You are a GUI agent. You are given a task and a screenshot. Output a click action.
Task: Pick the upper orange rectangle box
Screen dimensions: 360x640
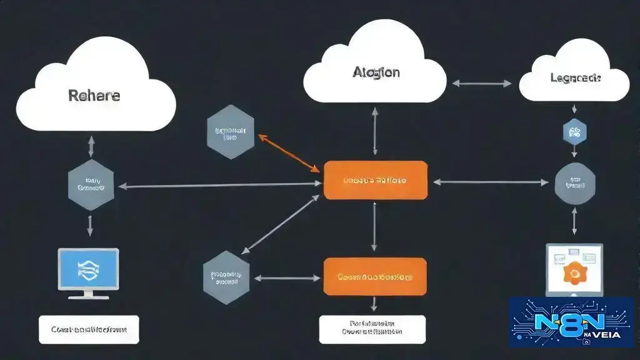point(375,180)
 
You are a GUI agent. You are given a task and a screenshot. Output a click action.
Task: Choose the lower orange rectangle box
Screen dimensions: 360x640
point(375,276)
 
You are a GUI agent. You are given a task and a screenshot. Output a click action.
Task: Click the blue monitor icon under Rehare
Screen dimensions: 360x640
point(88,269)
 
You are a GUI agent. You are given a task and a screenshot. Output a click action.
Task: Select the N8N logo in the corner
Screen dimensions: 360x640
point(571,322)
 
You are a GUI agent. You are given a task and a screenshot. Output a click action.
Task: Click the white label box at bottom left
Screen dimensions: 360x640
point(88,329)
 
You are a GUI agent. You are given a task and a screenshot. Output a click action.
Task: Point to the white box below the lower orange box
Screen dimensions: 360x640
point(372,329)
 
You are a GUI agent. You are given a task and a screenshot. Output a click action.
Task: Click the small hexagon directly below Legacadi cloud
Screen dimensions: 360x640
point(574,132)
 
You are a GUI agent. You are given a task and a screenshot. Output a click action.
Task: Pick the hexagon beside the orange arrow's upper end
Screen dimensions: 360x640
point(230,132)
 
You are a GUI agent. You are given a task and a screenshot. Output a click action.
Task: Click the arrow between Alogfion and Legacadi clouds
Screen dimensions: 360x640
point(481,83)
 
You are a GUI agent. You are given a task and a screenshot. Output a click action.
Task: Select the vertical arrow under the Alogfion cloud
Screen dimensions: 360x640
point(375,132)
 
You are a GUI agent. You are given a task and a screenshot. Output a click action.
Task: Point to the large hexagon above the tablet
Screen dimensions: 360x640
point(574,183)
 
